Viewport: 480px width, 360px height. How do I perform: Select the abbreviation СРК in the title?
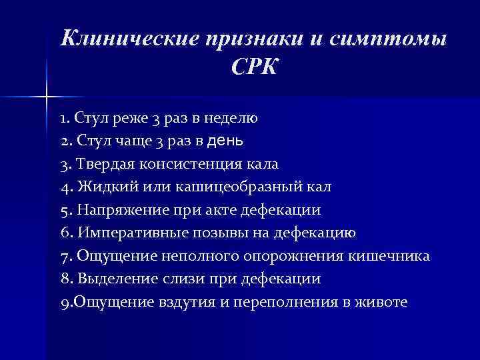254,67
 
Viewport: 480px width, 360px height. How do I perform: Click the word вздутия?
181,302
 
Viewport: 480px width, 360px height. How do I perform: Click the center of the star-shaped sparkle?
47,98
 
